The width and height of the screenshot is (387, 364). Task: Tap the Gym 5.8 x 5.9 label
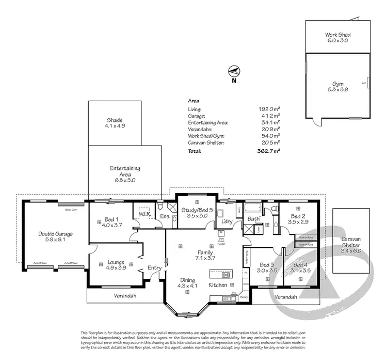pyautogui.click(x=338, y=86)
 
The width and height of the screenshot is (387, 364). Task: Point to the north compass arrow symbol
pyautogui.click(x=234, y=71)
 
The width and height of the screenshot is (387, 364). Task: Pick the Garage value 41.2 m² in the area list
pyautogui.click(x=271, y=116)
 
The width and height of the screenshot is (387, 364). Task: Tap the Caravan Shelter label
pyautogui.click(x=352, y=243)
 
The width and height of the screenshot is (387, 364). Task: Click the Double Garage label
pyautogui.click(x=56, y=237)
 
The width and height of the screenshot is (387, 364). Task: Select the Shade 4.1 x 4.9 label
pyautogui.click(x=115, y=123)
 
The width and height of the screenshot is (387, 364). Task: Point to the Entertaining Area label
pyautogui.click(x=125, y=175)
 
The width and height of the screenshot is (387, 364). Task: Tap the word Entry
pyautogui.click(x=154, y=268)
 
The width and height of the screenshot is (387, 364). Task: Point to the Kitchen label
pyautogui.click(x=218, y=285)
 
